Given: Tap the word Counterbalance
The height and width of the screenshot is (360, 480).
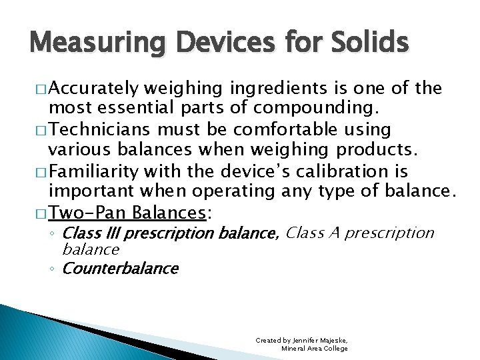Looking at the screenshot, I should pyautogui.click(x=120, y=269).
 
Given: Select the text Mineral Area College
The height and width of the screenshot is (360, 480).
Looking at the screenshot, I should pyautogui.click(x=314, y=349).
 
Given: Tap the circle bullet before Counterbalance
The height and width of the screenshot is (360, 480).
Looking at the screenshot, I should pyautogui.click(x=54, y=269).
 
